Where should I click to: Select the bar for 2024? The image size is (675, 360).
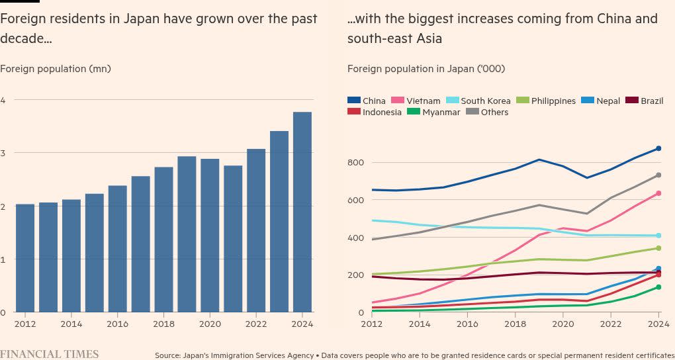click(302, 212)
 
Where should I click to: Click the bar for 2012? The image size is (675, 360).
click(25, 258)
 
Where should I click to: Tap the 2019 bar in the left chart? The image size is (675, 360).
click(187, 234)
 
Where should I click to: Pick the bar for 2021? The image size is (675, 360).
click(233, 239)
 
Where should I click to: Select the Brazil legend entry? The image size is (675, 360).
click(651, 101)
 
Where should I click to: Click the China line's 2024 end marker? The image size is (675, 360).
click(658, 149)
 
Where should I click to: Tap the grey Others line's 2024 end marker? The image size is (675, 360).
click(658, 175)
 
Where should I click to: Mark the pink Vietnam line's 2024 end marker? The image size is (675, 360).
click(658, 193)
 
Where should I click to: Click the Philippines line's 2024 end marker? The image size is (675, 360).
click(658, 248)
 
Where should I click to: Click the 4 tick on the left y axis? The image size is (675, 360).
click(3, 100)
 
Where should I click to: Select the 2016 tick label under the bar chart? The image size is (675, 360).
click(117, 324)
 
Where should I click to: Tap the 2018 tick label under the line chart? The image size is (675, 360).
click(515, 324)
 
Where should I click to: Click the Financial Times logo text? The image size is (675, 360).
click(50, 354)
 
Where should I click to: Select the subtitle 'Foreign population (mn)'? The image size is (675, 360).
click(56, 68)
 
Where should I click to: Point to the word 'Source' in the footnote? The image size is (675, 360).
click(169, 355)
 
